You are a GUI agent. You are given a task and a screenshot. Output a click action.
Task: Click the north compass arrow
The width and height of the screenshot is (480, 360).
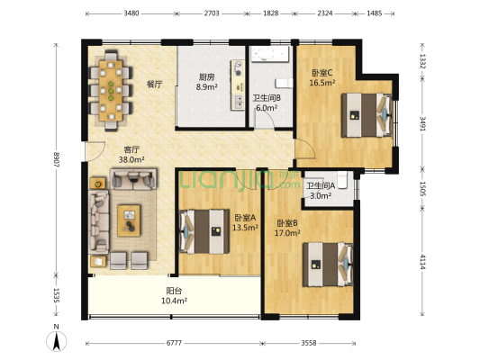pyautogui.click(x=57, y=342)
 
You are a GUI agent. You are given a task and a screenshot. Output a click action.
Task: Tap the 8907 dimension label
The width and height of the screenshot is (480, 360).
pyautogui.click(x=56, y=159)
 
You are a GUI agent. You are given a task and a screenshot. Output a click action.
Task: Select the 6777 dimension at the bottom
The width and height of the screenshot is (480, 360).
pyautogui.click(x=174, y=343)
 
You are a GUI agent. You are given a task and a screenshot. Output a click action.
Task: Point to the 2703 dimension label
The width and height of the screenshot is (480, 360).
pyautogui.click(x=212, y=13)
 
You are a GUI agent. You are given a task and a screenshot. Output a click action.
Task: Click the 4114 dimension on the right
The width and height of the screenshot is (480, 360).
pyautogui.click(x=422, y=262)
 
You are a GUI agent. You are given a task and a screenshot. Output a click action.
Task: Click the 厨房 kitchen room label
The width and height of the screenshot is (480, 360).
pyautogui.click(x=206, y=77)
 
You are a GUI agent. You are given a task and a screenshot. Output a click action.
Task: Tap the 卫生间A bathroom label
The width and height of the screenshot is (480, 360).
pyautogui.click(x=322, y=185)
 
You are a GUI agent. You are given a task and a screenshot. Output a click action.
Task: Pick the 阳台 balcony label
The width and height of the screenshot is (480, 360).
pyautogui.click(x=174, y=291)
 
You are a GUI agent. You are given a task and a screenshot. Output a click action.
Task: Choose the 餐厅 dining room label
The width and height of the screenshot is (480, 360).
pyautogui.click(x=155, y=85)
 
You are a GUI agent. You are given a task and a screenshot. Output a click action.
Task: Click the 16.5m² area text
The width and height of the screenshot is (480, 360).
pyautogui.click(x=322, y=83)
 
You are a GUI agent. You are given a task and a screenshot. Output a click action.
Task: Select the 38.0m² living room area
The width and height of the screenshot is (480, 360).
pyautogui.click(x=131, y=159)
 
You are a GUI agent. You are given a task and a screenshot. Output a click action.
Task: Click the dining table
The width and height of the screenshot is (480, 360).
pyautogui.click(x=111, y=91)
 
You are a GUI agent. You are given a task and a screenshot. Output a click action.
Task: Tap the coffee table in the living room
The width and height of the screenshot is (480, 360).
pyautogui.click(x=129, y=220)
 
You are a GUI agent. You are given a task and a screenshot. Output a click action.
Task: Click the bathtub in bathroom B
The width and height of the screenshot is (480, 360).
pyautogui.click(x=270, y=54)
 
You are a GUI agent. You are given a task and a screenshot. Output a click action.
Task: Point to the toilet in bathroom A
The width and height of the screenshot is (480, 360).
pyautogui.click(x=341, y=180)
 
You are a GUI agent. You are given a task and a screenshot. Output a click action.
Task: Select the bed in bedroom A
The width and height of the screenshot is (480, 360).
pyautogui.click(x=204, y=231)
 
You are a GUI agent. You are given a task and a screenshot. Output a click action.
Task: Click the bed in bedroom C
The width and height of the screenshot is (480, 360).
pyautogui.click(x=367, y=115)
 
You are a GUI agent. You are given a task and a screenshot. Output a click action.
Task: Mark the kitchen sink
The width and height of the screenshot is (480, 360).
pyautogui.click(x=238, y=102)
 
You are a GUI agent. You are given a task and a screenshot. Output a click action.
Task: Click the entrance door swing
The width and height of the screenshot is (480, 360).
pyautogui.click(x=95, y=151)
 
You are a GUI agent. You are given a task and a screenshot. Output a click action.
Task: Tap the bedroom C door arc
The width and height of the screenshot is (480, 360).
pyautogui.click(x=305, y=148)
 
